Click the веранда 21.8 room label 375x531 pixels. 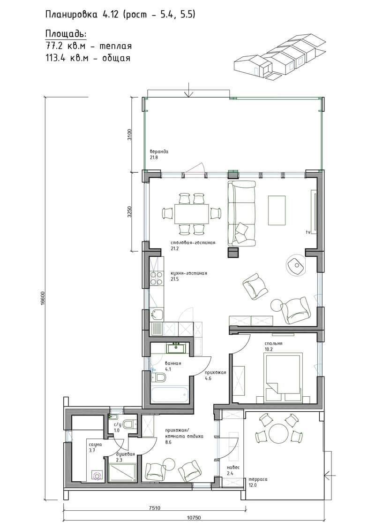(159, 154)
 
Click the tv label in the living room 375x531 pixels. (308, 232)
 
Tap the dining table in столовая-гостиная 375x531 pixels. (191, 214)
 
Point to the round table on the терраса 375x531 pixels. (279, 433)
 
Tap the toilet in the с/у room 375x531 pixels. (129, 424)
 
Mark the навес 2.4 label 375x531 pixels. (233, 470)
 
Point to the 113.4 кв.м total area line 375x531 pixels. (88, 58)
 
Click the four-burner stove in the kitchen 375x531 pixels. (156, 278)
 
